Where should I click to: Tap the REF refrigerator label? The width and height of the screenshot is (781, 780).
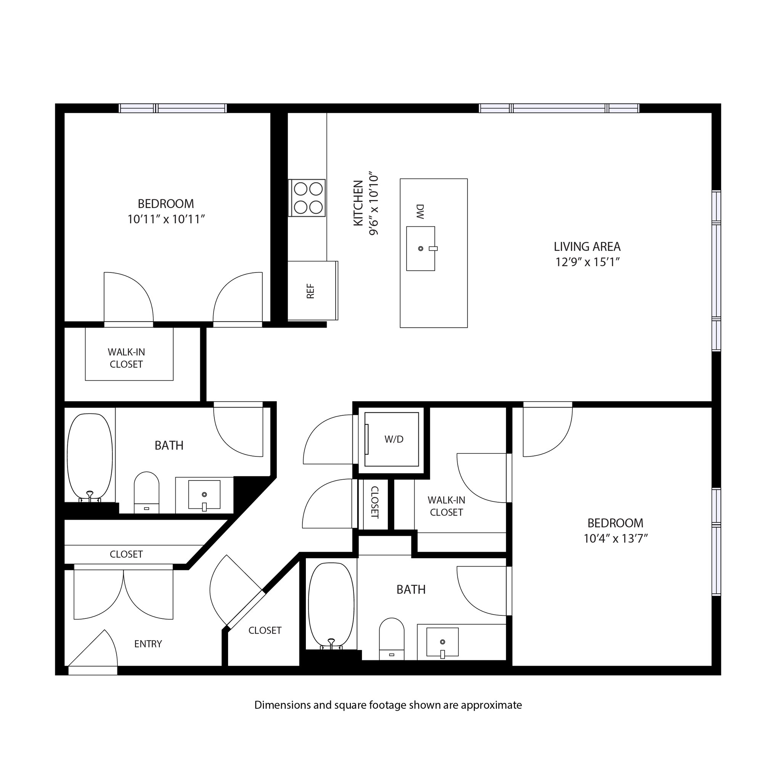310,291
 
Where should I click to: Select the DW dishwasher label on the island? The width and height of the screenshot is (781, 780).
420,211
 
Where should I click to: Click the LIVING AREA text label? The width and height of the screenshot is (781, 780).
587,247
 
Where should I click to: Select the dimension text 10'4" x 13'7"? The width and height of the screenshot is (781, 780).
615,539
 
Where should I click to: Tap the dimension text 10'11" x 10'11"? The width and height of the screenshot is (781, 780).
166,220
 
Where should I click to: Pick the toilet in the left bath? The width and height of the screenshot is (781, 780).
146,492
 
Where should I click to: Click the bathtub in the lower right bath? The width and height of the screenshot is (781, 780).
331,605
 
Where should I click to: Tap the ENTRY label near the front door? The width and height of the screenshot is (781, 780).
148,644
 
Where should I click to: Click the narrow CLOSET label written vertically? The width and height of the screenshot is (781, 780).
375,503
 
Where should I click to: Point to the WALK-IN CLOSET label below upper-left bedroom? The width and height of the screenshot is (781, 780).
126,358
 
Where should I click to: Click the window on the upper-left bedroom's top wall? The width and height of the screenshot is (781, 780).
173,108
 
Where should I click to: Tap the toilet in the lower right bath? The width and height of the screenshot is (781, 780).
392,638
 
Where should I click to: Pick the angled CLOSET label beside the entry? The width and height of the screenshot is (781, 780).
265,631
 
